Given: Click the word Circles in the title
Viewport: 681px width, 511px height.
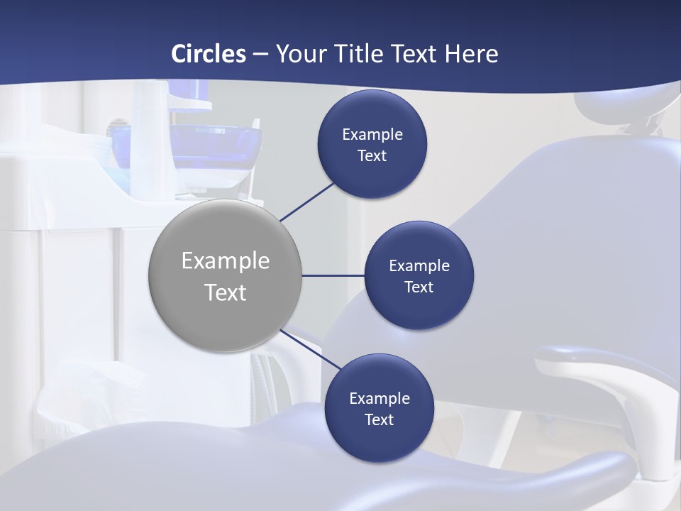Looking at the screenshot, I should [209, 54].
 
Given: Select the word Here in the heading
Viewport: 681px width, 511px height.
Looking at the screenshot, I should [472, 54].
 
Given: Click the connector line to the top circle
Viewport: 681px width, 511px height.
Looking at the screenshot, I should [307, 201].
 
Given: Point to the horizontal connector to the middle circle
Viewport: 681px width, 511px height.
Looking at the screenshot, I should [333, 275].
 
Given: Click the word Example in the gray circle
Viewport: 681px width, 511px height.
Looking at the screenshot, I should [226, 261].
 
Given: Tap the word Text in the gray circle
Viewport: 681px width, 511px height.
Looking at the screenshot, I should [226, 292].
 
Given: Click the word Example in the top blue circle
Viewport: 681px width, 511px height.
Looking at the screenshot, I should [372, 135].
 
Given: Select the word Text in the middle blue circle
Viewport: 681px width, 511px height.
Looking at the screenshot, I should [419, 287].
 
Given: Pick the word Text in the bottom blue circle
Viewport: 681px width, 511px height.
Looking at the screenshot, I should [380, 420].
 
